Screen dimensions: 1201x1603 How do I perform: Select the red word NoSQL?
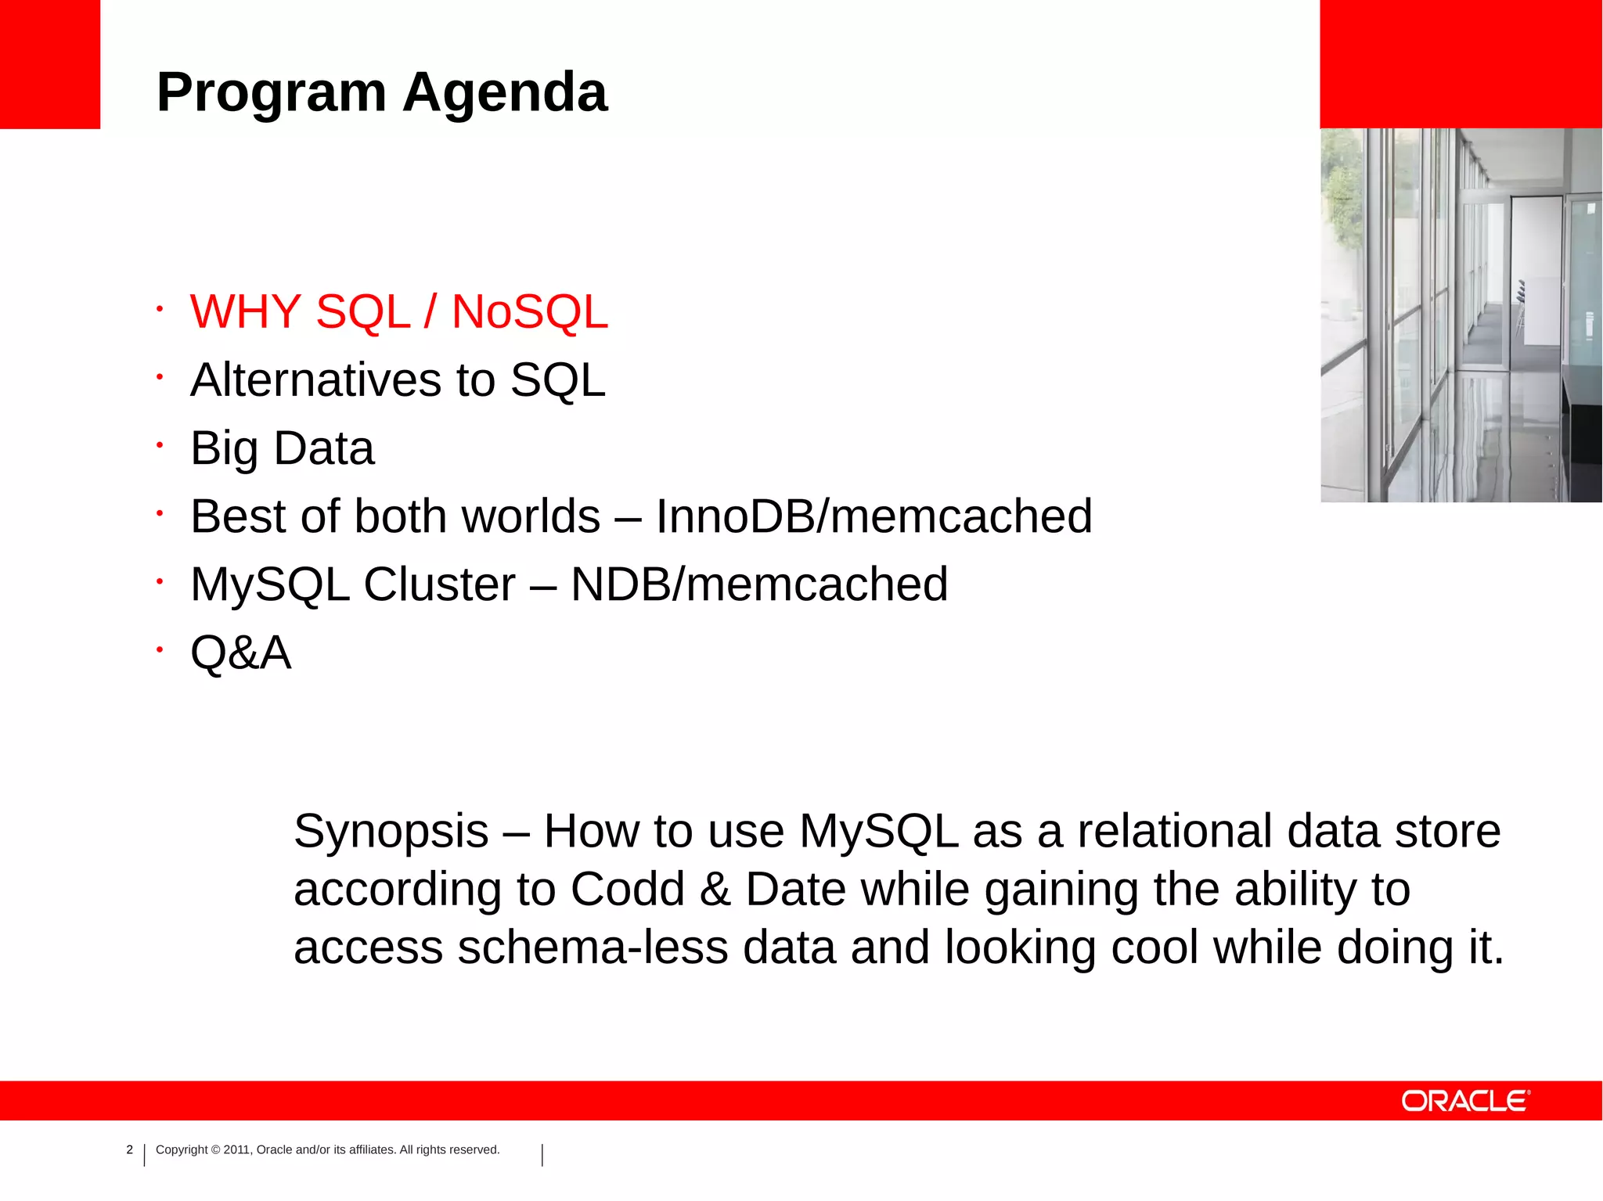tap(530, 312)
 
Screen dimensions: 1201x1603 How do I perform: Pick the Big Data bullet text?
tap(283, 449)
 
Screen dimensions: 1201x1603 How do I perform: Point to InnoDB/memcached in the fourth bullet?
tap(874, 517)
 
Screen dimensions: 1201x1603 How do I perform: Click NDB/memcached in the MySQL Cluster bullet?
tap(759, 585)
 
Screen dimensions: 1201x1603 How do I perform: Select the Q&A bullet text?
tap(241, 653)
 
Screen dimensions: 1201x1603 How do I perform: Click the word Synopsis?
tap(391, 832)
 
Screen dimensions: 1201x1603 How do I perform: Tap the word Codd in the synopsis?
tap(628, 890)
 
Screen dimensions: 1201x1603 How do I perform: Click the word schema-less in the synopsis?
tap(593, 947)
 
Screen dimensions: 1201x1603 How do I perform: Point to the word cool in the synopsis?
tap(1155, 947)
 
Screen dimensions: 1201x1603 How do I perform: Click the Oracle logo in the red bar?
tap(1465, 1101)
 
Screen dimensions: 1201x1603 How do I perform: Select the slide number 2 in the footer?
tap(130, 1150)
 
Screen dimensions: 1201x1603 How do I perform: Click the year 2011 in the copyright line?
tap(236, 1150)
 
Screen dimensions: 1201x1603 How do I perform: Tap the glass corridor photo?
tap(1461, 315)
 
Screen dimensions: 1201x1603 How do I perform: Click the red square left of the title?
tap(50, 64)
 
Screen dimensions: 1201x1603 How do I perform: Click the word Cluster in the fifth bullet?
tap(439, 585)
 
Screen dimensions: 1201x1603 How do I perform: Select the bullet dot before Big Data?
tap(159, 445)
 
